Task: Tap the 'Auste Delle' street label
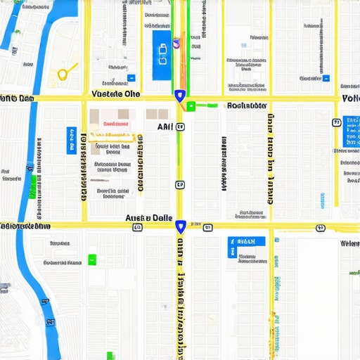click(148, 218)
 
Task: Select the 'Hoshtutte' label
click(247, 106)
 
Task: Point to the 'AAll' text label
click(165, 127)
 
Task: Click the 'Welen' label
click(349, 243)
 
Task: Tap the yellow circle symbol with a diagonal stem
click(65, 72)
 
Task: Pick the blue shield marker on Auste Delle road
click(181, 226)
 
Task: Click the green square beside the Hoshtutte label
click(191, 106)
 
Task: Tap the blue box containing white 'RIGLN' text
click(247, 242)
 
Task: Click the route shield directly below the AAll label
click(180, 185)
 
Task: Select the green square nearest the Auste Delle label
click(92, 259)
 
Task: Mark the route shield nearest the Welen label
click(321, 228)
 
